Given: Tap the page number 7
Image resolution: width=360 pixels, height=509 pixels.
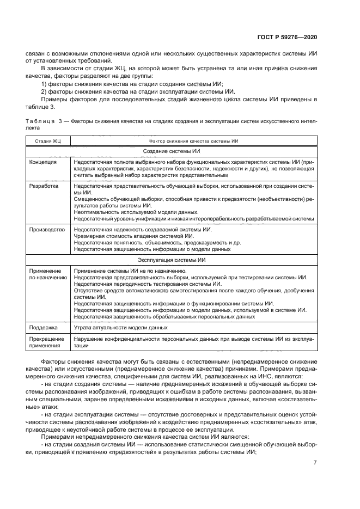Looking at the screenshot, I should tap(315, 463).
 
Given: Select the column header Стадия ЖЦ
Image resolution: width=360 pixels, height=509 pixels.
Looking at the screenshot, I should tap(48, 141).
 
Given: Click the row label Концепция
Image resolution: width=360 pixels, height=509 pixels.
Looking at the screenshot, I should tap(44, 162).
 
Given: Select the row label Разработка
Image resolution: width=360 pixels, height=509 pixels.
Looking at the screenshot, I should tap(44, 186).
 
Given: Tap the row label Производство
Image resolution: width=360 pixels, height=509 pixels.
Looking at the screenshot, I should tap(47, 229).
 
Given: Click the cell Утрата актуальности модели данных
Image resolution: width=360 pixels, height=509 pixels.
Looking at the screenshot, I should tap(120, 327).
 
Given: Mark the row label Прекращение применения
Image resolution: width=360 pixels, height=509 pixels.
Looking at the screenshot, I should tap(46, 342).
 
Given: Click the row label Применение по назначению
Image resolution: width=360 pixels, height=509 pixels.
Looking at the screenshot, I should tap(48, 274).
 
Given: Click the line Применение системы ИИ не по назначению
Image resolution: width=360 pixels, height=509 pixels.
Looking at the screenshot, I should tap(130, 271).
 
